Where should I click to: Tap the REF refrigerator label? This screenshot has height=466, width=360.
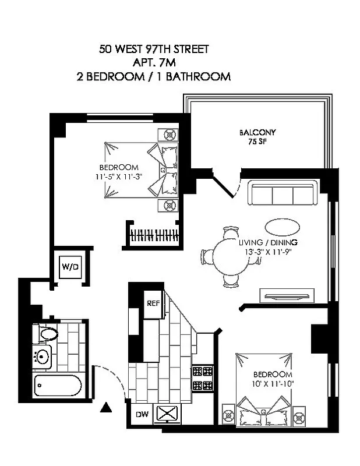tap(153, 303)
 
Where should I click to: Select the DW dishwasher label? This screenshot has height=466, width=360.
tap(142, 415)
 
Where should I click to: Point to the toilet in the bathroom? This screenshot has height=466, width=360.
tap(46, 334)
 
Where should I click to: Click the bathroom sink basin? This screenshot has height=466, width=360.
tap(42, 356)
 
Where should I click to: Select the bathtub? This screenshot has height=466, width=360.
tap(58, 385)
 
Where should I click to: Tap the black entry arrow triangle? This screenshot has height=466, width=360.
tap(106, 407)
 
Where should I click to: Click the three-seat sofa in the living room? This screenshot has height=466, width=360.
tap(282, 193)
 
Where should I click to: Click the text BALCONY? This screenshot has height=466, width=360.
tap(257, 132)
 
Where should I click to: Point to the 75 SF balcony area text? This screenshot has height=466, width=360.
tap(257, 141)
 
